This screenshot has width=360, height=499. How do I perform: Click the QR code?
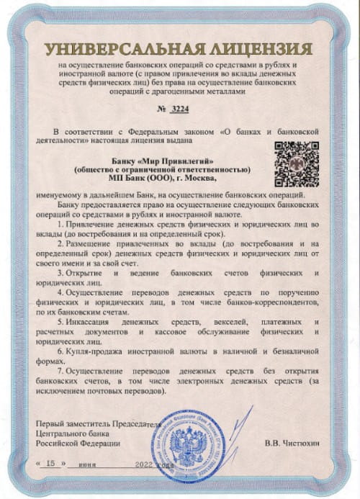coord(297,163)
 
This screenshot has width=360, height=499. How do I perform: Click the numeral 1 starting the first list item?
coord(58,225)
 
